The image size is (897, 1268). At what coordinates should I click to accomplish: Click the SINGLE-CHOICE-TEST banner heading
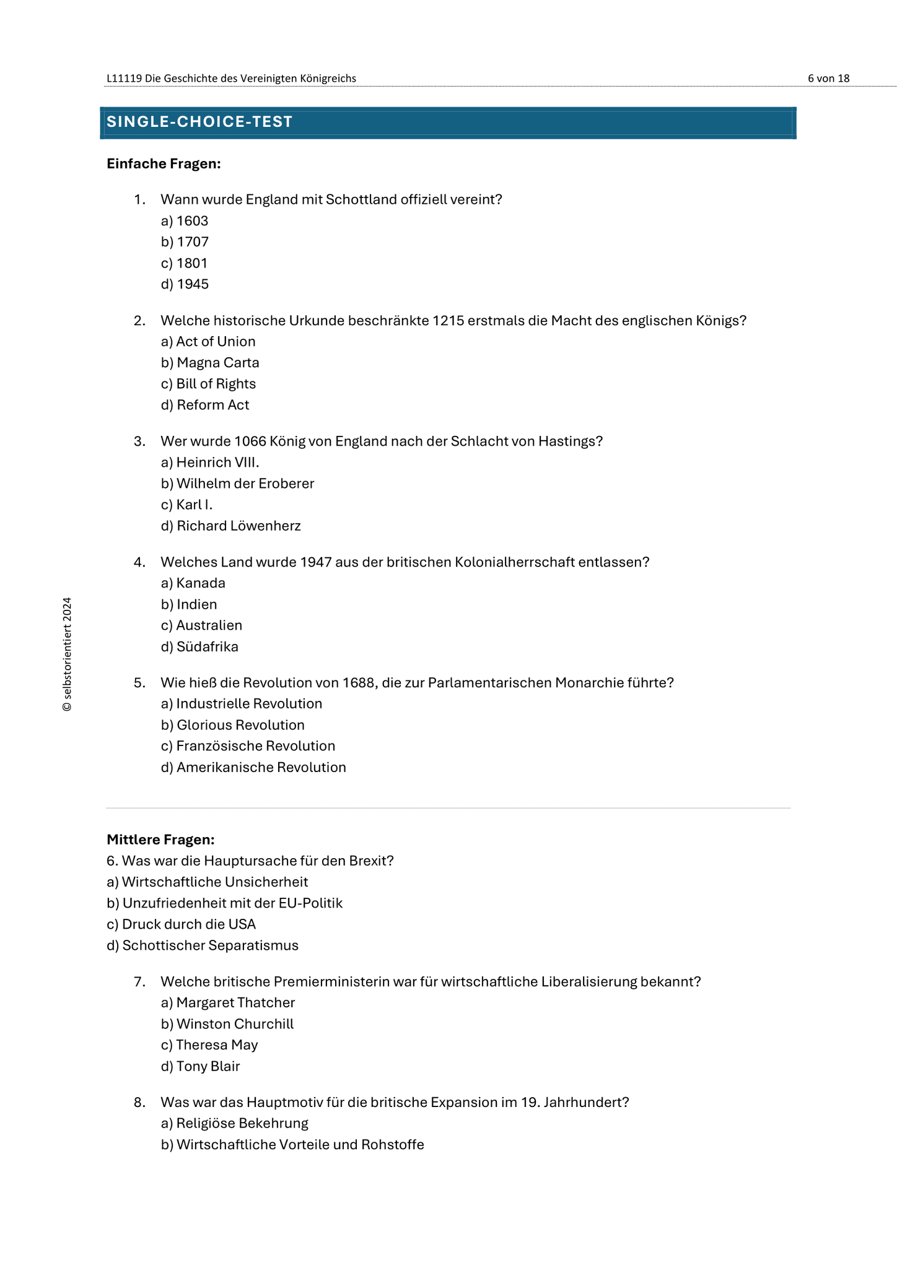tap(199, 122)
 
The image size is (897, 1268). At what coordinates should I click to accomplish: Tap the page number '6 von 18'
tap(828, 78)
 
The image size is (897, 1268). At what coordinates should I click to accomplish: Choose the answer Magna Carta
tap(210, 363)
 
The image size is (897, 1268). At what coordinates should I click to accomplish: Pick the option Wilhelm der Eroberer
tap(237, 484)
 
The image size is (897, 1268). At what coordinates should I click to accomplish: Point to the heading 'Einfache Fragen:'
tap(164, 163)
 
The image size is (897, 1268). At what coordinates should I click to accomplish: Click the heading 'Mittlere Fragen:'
tap(160, 840)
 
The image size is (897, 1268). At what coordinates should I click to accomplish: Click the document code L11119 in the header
tap(124, 78)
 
